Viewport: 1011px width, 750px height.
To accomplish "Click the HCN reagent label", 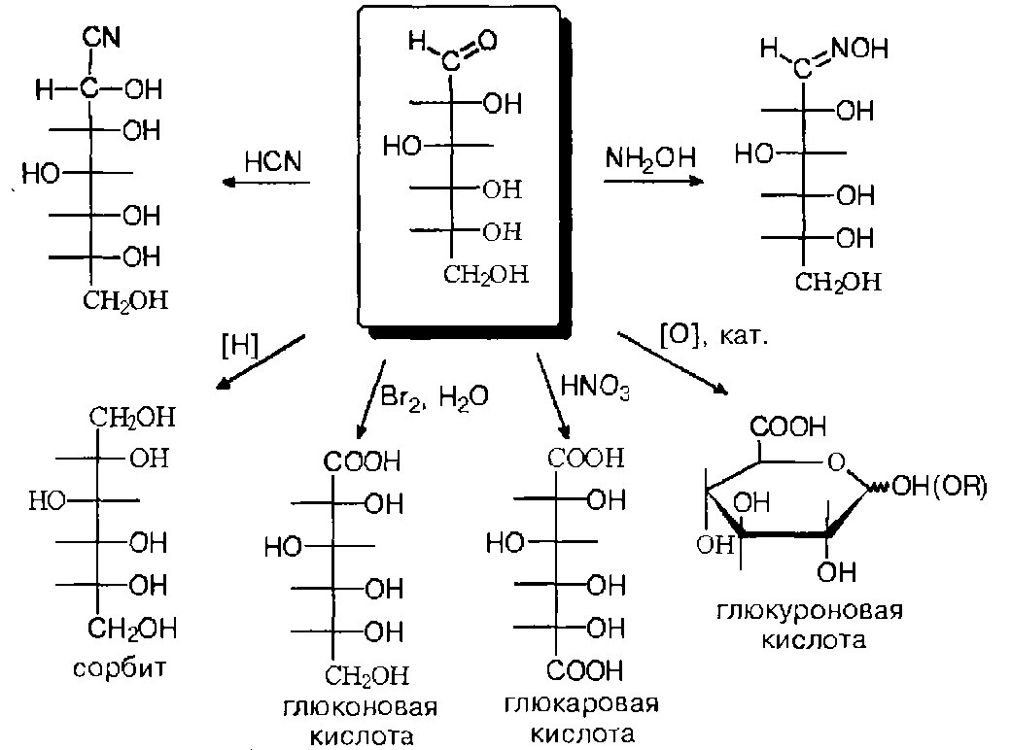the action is tap(273, 161).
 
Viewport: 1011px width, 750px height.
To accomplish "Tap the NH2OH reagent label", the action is tap(650, 157).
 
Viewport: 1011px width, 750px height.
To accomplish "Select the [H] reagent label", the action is tap(240, 346).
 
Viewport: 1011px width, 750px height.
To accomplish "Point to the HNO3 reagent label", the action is tap(595, 387).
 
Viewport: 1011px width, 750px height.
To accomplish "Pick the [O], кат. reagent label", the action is tap(714, 336).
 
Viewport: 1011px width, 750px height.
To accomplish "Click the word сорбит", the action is tap(120, 668).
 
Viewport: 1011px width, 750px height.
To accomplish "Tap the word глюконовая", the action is tap(361, 707).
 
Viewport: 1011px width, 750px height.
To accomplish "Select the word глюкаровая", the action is tap(581, 703).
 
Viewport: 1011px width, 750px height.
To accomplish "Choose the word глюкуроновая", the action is tap(810, 610).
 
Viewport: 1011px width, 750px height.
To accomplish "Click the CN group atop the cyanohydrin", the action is tap(101, 37).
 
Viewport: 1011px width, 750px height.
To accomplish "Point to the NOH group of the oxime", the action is tap(859, 49).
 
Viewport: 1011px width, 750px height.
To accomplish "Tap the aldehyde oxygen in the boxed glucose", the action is tap(487, 41).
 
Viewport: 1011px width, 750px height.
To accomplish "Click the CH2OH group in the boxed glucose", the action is tap(485, 275).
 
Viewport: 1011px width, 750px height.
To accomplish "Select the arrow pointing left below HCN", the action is tap(266, 183).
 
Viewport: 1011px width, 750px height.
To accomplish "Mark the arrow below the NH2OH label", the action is tap(654, 181).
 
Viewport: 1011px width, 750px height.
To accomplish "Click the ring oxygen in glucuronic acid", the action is tap(836, 461).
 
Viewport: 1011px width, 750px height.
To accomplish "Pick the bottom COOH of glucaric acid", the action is tap(585, 670).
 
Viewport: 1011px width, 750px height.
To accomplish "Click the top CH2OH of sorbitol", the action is tap(132, 417).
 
